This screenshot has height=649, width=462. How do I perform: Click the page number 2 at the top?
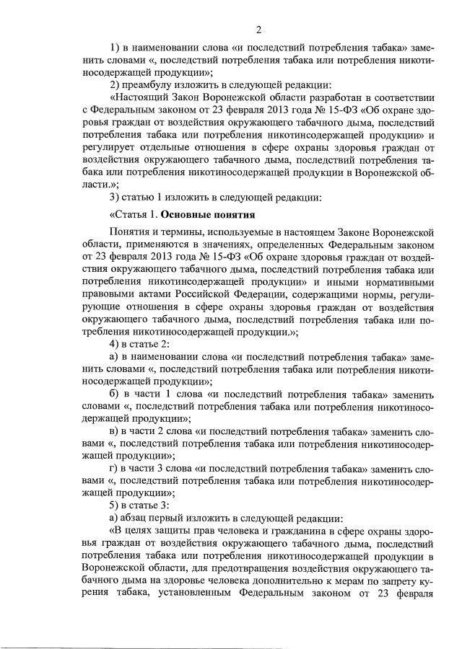[258, 30]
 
